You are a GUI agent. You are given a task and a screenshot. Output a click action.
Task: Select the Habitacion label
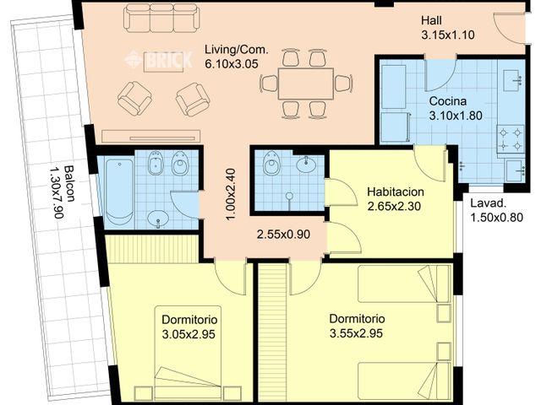click(x=396, y=192)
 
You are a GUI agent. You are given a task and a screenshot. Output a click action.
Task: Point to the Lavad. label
click(x=488, y=203)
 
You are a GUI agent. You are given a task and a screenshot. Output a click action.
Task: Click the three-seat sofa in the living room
click(x=161, y=18)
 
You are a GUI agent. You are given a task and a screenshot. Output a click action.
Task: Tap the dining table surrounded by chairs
click(x=304, y=84)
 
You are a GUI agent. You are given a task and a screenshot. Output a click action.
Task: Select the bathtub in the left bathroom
click(x=119, y=192)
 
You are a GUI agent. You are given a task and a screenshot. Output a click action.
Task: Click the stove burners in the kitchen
click(x=511, y=139)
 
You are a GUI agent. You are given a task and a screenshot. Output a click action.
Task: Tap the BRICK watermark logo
click(x=159, y=60)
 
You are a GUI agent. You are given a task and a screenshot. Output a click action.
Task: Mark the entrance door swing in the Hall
click(x=510, y=28)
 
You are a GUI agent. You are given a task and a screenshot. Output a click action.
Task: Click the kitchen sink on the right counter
click(x=513, y=79)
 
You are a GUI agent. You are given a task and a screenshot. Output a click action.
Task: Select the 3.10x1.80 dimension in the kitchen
click(x=456, y=116)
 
